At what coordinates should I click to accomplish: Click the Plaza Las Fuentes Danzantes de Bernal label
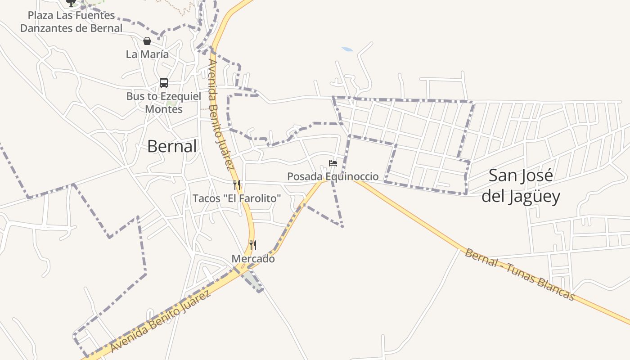tap(71, 22)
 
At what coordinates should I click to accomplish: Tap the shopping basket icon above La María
tap(147, 41)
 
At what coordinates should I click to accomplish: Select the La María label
tap(147, 54)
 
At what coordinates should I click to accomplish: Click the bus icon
tap(164, 83)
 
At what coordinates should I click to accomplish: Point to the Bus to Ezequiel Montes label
tap(163, 103)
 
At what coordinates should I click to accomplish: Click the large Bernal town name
tap(172, 146)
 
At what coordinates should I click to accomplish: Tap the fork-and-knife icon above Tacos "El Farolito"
tap(237, 184)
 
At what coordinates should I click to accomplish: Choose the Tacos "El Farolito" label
tap(237, 198)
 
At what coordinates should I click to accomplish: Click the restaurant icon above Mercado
tap(253, 245)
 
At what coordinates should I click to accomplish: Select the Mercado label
tap(253, 259)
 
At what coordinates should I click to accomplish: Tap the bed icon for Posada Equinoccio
tap(333, 163)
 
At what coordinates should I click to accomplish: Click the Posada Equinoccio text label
tap(333, 176)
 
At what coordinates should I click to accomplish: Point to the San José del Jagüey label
tap(521, 186)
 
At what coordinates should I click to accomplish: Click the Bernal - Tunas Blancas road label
tap(520, 274)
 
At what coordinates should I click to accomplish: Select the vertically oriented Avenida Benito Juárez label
tap(221, 115)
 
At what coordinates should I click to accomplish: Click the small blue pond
tap(347, 49)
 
